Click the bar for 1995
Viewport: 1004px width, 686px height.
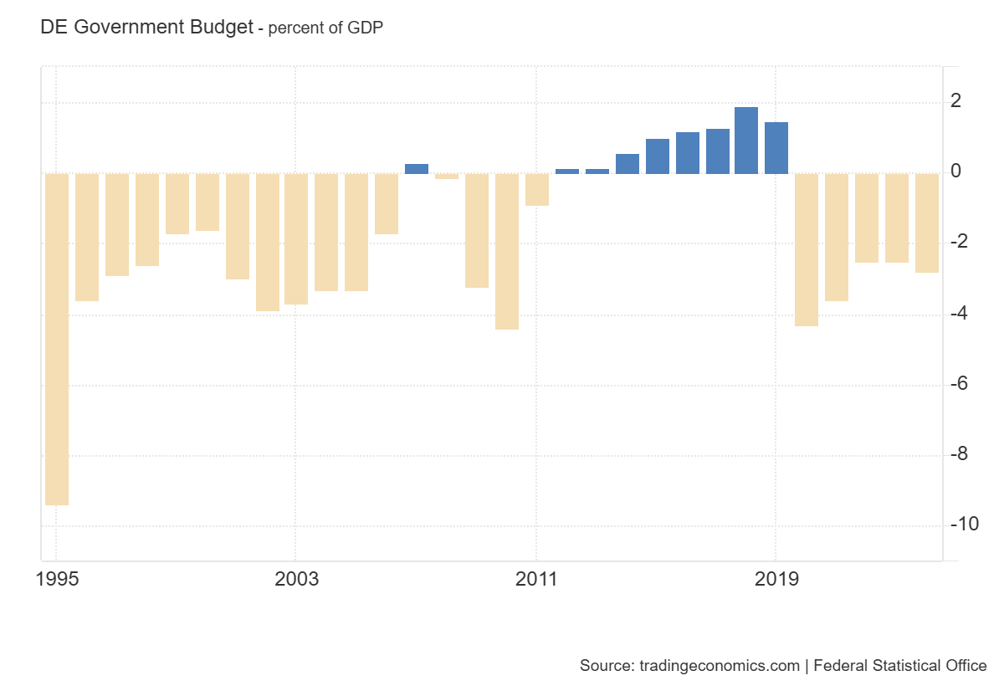[x=57, y=339]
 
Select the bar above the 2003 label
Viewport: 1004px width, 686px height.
[x=296, y=238]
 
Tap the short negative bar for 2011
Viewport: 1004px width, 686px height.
[x=537, y=189]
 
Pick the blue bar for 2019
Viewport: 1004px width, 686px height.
[x=776, y=148]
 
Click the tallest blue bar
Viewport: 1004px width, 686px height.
[x=746, y=141]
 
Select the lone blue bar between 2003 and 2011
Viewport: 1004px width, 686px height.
[x=417, y=169]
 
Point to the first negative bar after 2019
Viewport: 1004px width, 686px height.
[x=807, y=249]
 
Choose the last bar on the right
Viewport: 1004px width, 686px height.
[x=927, y=223]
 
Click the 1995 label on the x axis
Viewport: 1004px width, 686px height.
[x=57, y=579]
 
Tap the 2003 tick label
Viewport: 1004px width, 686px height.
[x=296, y=579]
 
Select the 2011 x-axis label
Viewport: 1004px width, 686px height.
[x=536, y=579]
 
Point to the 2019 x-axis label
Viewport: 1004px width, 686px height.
[x=776, y=579]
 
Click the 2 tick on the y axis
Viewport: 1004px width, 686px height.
[x=955, y=101]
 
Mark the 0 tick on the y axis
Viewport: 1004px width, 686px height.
[x=955, y=171]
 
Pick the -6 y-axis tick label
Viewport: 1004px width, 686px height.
[x=959, y=383]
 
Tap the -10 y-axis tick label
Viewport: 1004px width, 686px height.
[x=963, y=525]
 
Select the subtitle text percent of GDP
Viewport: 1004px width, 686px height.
[x=325, y=28]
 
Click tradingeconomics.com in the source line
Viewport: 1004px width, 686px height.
[x=719, y=666]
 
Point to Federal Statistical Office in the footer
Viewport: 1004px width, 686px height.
[x=899, y=666]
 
